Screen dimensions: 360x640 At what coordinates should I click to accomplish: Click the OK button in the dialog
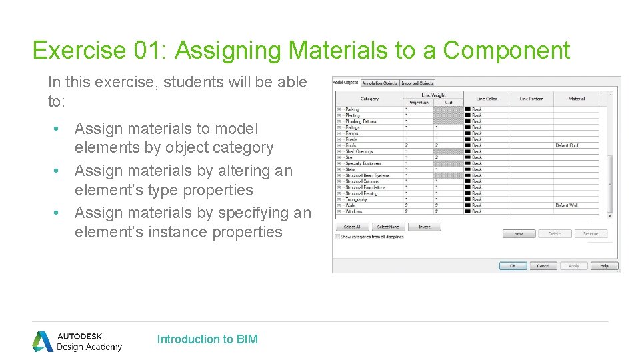pyautogui.click(x=513, y=265)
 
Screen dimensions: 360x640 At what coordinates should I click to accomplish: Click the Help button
pyautogui.click(x=604, y=265)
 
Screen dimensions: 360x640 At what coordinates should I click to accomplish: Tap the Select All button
pyautogui.click(x=352, y=227)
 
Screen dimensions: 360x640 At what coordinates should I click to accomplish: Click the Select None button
pyautogui.click(x=388, y=227)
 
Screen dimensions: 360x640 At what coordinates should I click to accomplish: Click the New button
pyautogui.click(x=519, y=234)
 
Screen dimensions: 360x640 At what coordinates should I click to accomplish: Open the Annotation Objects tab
pyautogui.click(x=381, y=83)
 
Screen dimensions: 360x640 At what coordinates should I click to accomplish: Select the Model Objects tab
pyautogui.click(x=346, y=83)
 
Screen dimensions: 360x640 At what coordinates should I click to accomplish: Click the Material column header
pyautogui.click(x=577, y=99)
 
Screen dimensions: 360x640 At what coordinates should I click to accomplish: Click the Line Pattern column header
pyautogui.click(x=531, y=99)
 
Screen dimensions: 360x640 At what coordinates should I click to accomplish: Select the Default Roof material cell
pyautogui.click(x=567, y=145)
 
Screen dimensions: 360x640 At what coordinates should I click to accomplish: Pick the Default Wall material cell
pyautogui.click(x=567, y=205)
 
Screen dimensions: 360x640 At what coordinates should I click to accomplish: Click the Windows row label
pyautogui.click(x=353, y=211)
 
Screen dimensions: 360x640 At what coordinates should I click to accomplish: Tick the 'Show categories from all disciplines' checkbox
pyautogui.click(x=338, y=237)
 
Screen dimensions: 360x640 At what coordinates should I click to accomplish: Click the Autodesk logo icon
pyautogui.click(x=43, y=341)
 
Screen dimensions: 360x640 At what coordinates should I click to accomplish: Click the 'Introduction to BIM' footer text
pyautogui.click(x=207, y=339)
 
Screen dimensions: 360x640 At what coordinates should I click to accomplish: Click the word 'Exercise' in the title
pyautogui.click(x=79, y=51)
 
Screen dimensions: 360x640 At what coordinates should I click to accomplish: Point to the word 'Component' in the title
pyautogui.click(x=507, y=51)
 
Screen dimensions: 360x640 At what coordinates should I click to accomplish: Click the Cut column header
pyautogui.click(x=449, y=103)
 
